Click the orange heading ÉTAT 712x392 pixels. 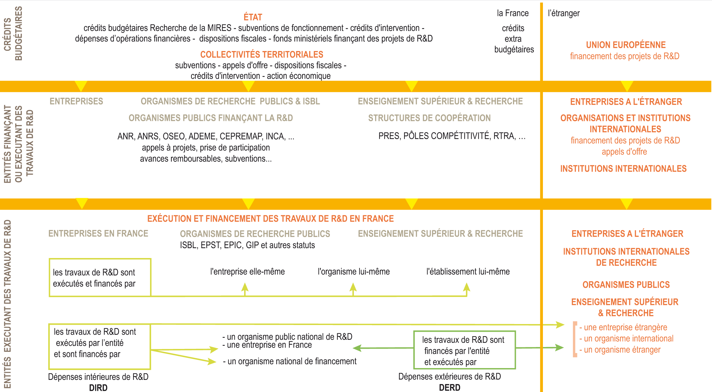tap(253, 17)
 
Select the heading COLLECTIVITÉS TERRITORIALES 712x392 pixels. tap(262, 55)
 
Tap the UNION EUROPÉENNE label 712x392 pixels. tap(626, 45)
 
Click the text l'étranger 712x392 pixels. tap(564, 13)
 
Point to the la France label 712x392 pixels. tap(513, 13)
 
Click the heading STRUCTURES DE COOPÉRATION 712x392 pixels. tap(429, 118)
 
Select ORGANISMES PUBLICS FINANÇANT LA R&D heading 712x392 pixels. tap(210, 118)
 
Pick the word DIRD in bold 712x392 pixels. tap(98, 388)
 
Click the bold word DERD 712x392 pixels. tap(450, 388)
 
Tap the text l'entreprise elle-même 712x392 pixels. tap(247, 272)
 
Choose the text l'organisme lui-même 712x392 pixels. tap(353, 272)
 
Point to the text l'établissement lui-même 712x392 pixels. tap(468, 272)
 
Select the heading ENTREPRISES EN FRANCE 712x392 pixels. tap(98, 234)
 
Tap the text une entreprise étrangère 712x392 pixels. tap(625, 328)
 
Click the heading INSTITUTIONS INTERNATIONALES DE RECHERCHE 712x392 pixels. tap(626, 257)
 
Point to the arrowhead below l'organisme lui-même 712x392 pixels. tap(353, 287)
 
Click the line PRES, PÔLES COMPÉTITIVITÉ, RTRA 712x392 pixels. tap(452, 136)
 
